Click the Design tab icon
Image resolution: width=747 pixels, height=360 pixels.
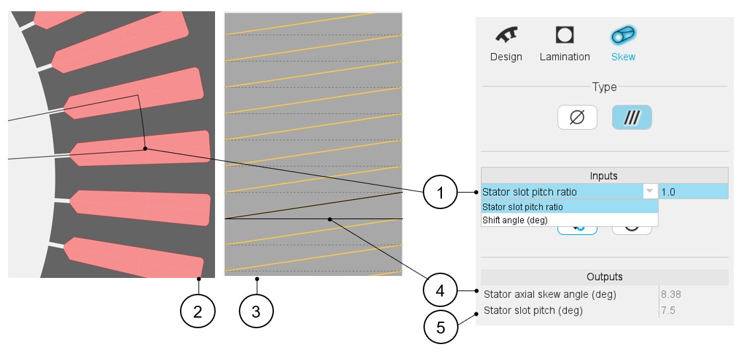point(506,36)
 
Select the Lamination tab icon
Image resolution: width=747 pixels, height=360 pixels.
point(564,36)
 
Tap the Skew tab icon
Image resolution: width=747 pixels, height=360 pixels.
point(623,36)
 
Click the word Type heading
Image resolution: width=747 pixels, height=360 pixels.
point(604,87)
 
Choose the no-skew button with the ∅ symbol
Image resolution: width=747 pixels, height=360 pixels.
point(577,118)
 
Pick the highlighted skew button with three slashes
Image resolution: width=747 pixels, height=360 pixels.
point(632,118)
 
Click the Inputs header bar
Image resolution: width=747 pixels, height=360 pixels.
point(603,175)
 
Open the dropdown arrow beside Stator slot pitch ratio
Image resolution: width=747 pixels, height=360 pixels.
point(650,191)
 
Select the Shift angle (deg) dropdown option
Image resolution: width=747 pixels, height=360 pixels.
point(515,220)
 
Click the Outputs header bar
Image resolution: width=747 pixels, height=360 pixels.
point(604,277)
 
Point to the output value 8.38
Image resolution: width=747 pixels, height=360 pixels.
point(672,294)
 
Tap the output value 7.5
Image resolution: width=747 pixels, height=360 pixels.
point(668,310)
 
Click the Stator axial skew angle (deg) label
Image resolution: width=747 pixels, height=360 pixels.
point(550,294)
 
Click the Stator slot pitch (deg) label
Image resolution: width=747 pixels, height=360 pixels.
point(533,310)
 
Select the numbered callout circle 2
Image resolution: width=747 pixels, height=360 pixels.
point(198,310)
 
